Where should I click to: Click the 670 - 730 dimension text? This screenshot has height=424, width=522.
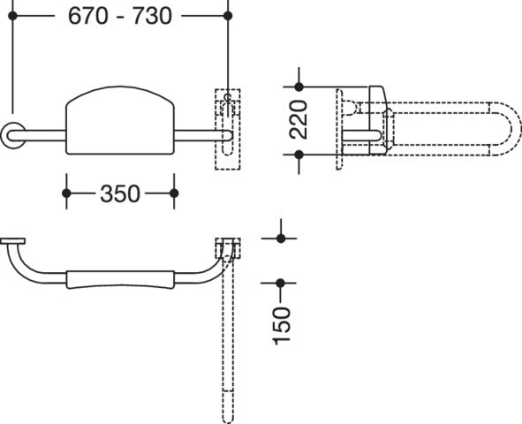point(120,16)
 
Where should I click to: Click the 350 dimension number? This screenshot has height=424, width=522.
point(120,193)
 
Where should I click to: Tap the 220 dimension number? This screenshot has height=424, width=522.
point(299,119)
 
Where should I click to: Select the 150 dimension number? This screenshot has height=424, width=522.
point(282,326)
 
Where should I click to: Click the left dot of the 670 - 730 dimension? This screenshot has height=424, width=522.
point(12,16)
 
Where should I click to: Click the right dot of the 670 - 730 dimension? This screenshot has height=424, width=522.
point(228,16)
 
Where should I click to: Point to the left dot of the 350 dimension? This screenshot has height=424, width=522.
point(66,193)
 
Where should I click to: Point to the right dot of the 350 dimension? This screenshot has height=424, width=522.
point(174,193)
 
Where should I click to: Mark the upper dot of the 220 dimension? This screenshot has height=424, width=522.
point(299,87)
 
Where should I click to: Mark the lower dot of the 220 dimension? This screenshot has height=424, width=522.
point(299,155)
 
